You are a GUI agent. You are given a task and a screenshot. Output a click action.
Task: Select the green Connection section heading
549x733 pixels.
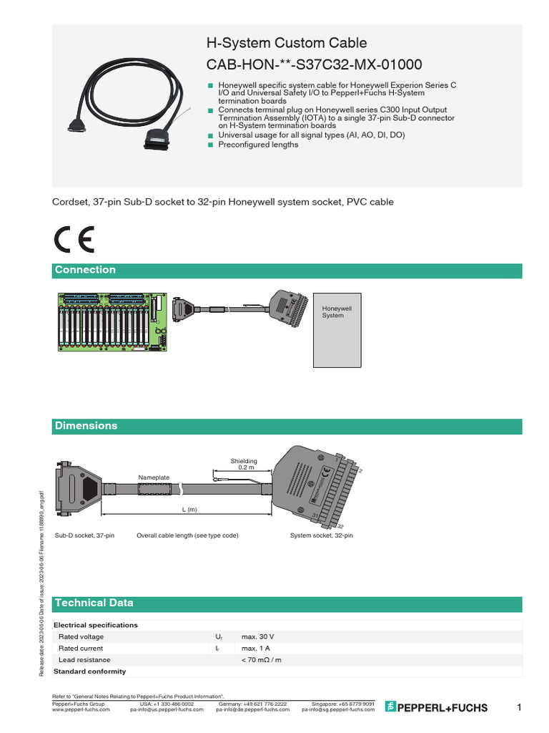85,270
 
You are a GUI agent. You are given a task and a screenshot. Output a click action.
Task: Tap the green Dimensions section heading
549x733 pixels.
86,426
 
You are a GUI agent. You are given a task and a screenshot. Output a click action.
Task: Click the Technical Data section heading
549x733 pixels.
94,603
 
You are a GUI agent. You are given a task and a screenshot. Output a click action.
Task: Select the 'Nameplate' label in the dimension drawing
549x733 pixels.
153,477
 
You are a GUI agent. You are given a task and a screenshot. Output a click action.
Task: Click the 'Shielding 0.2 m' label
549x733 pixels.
243,464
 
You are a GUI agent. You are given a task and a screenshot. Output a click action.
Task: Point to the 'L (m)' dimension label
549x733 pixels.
188,509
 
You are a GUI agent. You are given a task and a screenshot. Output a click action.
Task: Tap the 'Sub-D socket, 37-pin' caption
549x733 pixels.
84,535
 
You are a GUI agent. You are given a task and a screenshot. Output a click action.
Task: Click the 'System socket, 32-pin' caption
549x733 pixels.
321,535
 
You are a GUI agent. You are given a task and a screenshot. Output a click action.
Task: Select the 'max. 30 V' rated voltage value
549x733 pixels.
257,636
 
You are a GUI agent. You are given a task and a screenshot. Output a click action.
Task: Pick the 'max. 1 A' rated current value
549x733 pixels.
255,648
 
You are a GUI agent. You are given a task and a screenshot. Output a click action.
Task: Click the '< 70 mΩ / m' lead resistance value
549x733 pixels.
262,659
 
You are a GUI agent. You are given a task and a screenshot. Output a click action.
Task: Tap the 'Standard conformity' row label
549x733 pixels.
90,671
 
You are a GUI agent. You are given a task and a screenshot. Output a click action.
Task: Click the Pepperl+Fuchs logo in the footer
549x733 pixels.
436,707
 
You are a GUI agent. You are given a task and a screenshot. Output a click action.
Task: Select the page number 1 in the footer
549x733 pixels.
519,707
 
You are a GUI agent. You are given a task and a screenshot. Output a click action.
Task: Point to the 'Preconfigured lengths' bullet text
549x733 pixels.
258,145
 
